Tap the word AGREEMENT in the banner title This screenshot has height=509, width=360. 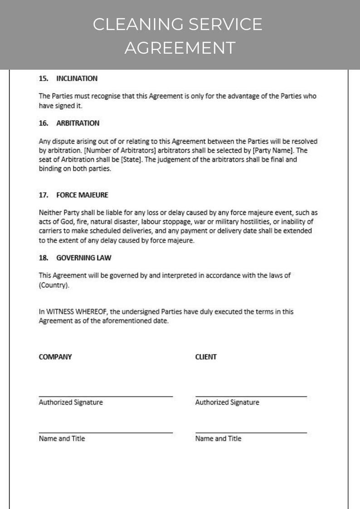[x=180, y=47]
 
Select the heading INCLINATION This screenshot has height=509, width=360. [x=77, y=78]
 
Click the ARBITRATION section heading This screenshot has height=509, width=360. [x=78, y=123]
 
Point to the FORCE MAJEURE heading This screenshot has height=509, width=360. [x=82, y=195]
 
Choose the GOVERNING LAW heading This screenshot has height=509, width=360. [x=83, y=257]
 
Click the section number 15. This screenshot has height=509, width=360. [x=44, y=78]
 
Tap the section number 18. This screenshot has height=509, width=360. [x=44, y=257]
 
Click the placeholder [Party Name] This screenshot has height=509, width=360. [x=276, y=150]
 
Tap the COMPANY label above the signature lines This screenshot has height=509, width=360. [x=55, y=357]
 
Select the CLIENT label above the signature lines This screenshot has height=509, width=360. [x=206, y=357]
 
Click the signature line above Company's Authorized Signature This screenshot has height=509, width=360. [x=106, y=396]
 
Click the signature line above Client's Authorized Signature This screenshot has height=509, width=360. [x=251, y=396]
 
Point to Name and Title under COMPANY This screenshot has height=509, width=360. [x=62, y=438]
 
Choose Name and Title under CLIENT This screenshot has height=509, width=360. [x=218, y=438]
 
